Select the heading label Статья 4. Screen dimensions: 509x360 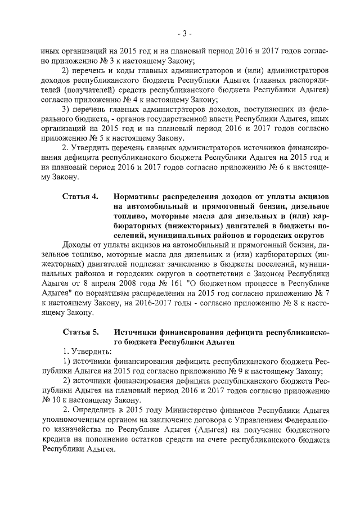click(x=80, y=196)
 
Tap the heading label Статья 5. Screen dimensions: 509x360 click(x=80, y=332)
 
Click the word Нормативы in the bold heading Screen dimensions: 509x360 click(x=138, y=196)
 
